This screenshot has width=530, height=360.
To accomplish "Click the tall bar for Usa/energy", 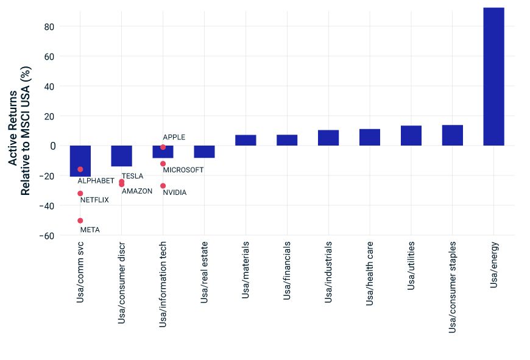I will pyautogui.click(x=493, y=76).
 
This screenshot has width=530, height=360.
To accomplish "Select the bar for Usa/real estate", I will pyautogui.click(x=204, y=152).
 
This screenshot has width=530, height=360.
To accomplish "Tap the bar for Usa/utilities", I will pyautogui.click(x=411, y=136).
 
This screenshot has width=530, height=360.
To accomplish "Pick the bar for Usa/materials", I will pyautogui.click(x=246, y=140).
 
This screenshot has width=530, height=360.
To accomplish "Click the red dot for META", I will pyautogui.click(x=80, y=221).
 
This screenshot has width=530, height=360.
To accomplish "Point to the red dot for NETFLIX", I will pyautogui.click(x=80, y=193).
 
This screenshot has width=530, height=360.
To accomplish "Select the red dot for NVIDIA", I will pyautogui.click(x=163, y=186).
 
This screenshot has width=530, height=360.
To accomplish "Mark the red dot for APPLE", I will pyautogui.click(x=163, y=147).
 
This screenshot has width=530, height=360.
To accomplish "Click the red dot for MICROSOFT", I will pyautogui.click(x=163, y=164).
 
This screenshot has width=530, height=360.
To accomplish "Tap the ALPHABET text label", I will pyautogui.click(x=96, y=181).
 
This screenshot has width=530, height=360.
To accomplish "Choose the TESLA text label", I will pyautogui.click(x=132, y=176).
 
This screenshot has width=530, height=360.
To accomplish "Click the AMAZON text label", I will pyautogui.click(x=136, y=191).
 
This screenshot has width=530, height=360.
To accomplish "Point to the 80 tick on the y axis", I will pyautogui.click(x=49, y=27).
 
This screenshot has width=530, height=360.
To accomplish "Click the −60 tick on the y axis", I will pyautogui.click(x=46, y=236).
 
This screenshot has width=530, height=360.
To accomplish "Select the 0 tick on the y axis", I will pyautogui.click(x=52, y=146).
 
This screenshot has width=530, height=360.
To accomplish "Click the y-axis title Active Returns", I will pyautogui.click(x=13, y=128).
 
